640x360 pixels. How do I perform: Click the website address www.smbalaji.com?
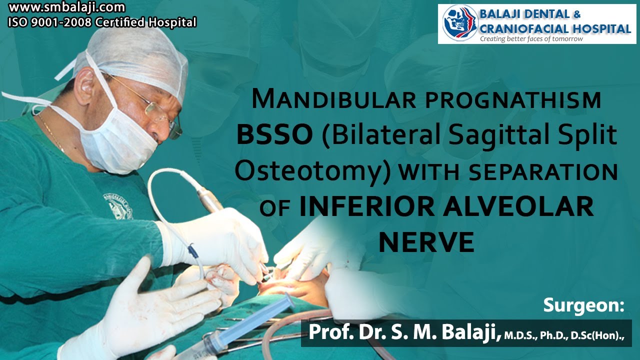pos(66,8)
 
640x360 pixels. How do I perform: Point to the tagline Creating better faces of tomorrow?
pos(531,39)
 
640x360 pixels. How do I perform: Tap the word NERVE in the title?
pos(426,242)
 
